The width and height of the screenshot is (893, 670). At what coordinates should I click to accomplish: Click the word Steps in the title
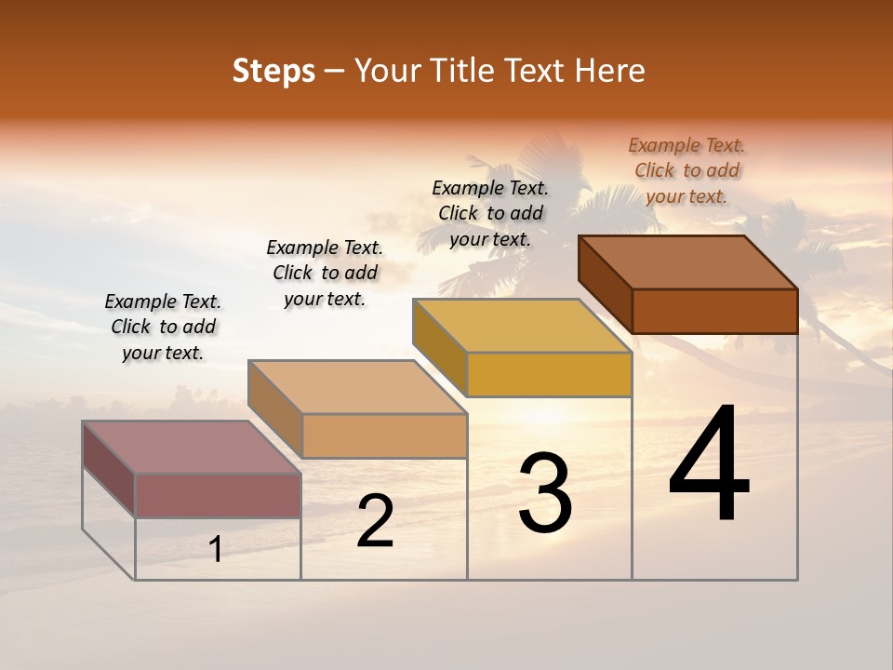pos(273,71)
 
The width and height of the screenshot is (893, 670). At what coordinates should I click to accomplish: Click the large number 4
pos(709,465)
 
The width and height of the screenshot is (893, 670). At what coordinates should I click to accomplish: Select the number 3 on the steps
pos(544,493)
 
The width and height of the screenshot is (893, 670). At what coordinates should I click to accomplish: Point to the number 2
pos(375,521)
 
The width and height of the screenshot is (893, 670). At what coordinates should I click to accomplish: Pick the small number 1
pos(216,549)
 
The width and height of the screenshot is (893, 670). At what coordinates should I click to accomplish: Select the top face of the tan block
pos(357,387)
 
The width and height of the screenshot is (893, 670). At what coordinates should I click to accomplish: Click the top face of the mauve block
pos(192,448)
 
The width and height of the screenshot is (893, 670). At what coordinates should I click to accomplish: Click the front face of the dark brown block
pos(714,311)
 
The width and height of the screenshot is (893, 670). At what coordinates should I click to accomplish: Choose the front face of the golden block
pos(549,374)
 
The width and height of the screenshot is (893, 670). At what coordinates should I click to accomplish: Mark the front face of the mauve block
pos(218,495)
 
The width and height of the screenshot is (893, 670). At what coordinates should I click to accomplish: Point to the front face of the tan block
pos(383,435)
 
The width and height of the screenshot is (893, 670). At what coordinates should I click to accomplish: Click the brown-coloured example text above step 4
pos(686,170)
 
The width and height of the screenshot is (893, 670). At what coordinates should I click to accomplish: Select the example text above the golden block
pos(490,213)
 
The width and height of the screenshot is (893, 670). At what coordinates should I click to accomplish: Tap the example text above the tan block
pos(325,273)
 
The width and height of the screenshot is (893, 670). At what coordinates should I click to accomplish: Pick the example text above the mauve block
pos(163,327)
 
